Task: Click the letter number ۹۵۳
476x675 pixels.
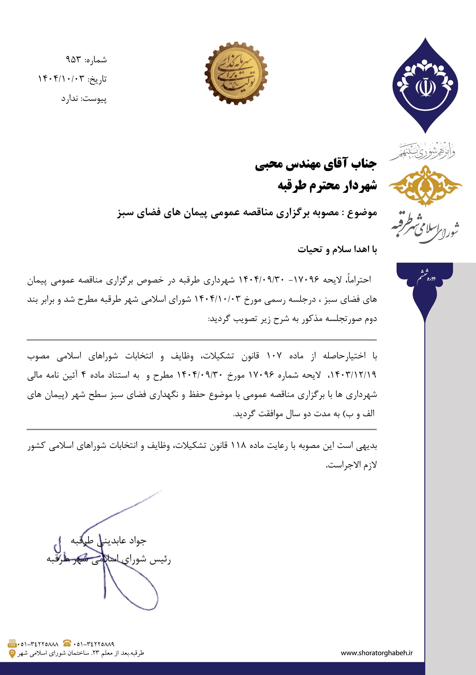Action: point(73,60)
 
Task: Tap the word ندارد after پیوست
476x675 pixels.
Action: point(69,99)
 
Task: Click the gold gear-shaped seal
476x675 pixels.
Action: point(236,73)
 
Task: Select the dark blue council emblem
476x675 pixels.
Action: point(425,85)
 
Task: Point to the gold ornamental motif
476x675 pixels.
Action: point(425,185)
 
